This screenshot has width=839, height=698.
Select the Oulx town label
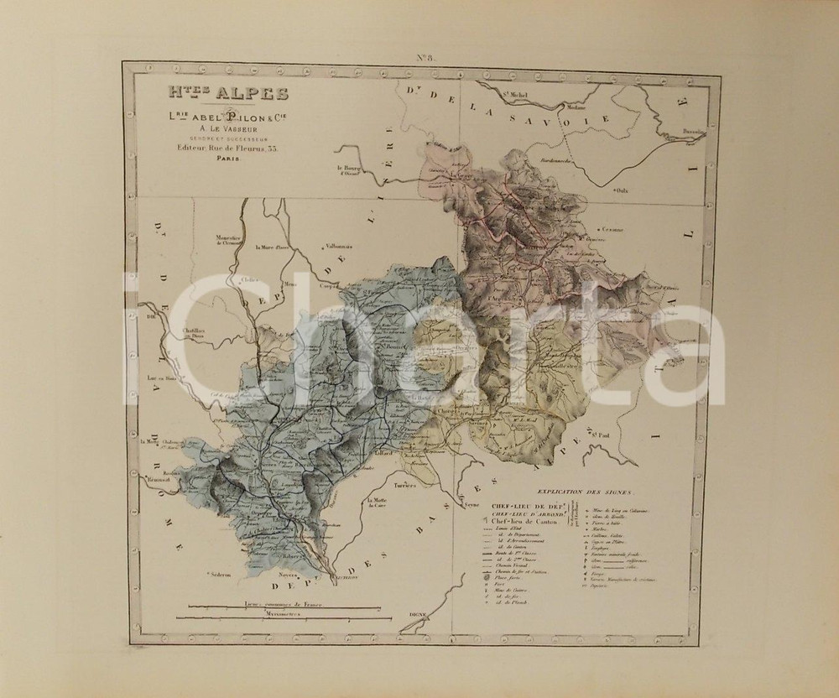coord(623,191)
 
